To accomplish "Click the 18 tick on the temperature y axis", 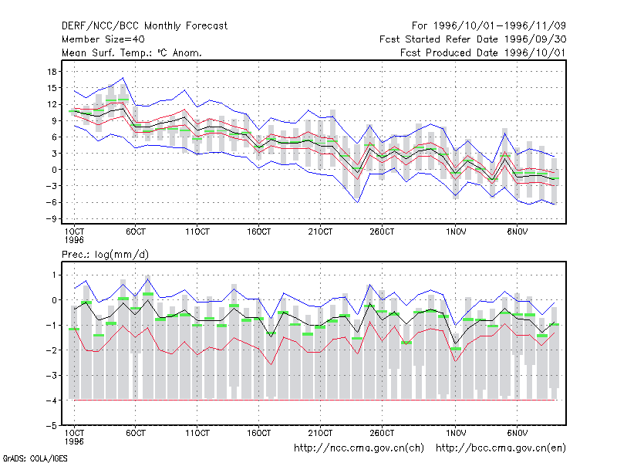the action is [x=52, y=72].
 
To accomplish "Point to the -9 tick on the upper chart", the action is [x=51, y=219].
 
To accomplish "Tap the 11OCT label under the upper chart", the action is [x=197, y=231].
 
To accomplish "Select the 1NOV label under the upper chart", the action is [x=456, y=231].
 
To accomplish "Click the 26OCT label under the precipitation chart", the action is [x=382, y=433].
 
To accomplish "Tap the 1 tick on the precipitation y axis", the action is [x=54, y=275].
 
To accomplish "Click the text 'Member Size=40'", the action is [x=103, y=39].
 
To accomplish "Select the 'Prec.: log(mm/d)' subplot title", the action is [x=105, y=255].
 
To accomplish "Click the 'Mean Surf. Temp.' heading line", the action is [x=131, y=52].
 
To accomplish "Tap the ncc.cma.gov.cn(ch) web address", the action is [x=359, y=448].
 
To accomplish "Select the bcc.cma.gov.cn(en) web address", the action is [x=501, y=448].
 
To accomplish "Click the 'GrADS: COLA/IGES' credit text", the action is [x=35, y=458].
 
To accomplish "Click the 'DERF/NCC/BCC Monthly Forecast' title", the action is [x=144, y=26].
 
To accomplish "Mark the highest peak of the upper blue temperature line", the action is [x=123, y=78].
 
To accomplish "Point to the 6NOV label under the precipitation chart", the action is [x=517, y=433].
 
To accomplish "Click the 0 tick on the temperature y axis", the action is [x=54, y=170].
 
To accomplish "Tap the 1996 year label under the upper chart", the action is [x=74, y=240].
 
